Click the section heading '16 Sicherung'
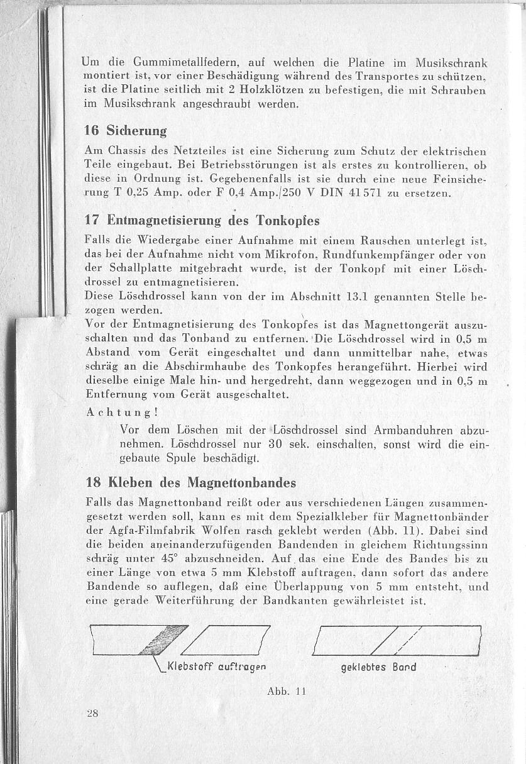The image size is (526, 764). click(x=126, y=131)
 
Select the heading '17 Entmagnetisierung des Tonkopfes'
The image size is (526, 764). click(x=202, y=221)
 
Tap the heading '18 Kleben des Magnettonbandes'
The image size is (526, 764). click(x=191, y=483)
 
